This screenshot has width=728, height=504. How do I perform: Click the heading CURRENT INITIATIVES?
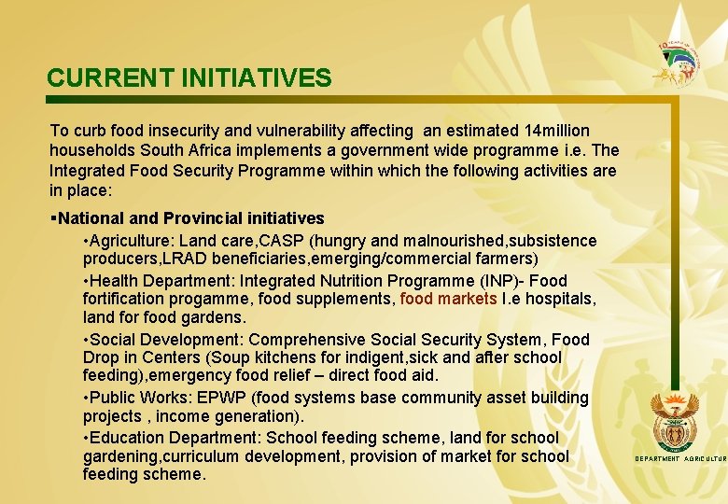pos(189,77)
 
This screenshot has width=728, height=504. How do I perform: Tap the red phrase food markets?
pos(448,300)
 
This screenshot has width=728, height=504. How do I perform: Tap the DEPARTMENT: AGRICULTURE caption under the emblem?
pos(679,459)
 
